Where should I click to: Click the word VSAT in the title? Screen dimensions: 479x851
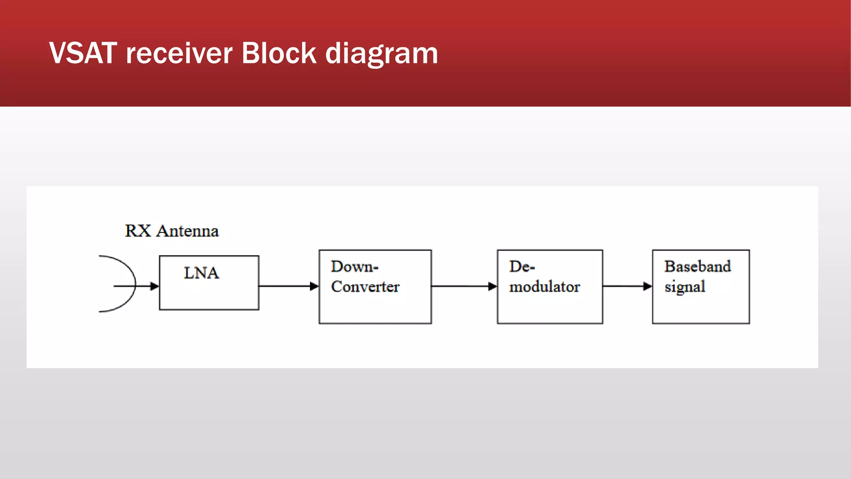point(83,53)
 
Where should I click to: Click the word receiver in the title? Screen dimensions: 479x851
point(179,54)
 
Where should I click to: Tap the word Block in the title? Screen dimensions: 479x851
point(279,53)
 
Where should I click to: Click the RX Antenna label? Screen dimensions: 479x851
point(172,231)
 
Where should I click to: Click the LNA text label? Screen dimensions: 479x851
point(202,273)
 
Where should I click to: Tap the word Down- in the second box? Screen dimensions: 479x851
point(354,267)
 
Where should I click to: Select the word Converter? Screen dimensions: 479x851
point(365,286)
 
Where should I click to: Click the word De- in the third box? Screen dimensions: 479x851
point(522,267)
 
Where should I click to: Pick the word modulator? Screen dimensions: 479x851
point(544,286)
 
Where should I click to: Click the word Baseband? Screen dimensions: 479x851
point(697,267)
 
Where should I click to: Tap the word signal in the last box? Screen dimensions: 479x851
point(685,287)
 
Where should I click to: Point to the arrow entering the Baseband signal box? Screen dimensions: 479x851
point(627,286)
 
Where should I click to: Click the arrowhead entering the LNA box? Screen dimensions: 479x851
point(155,286)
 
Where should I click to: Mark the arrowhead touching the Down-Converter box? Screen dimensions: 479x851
point(314,286)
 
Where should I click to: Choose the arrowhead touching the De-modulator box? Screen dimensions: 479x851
point(492,286)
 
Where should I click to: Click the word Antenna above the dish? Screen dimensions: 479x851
point(187,231)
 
